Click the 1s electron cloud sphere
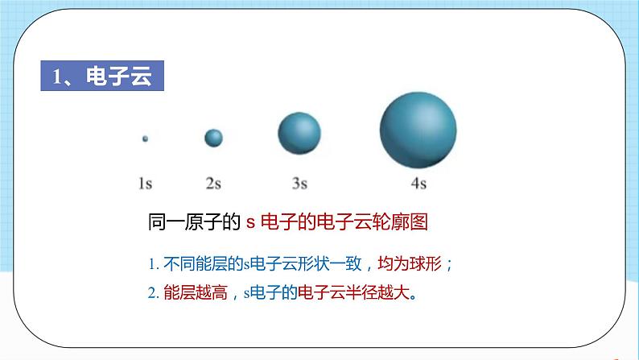pos(145,139)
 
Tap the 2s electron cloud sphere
pos(213,139)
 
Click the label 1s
pos(145,184)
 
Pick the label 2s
pos(213,184)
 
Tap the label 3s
pos(299,184)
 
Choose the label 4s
pos(418,184)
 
